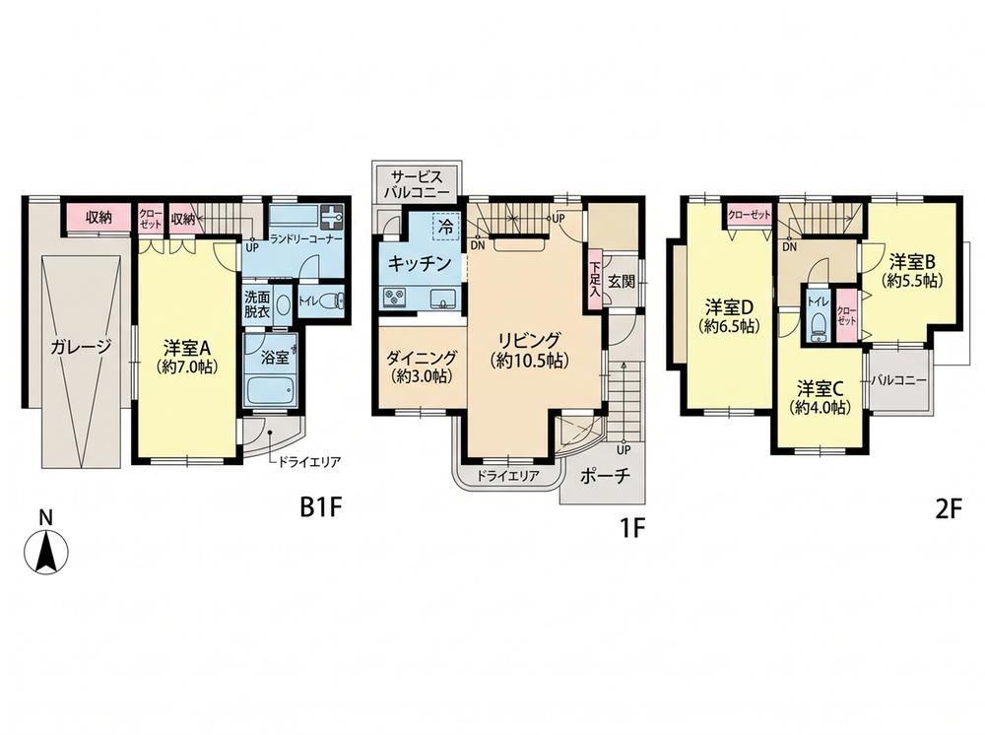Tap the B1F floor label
point(320,507)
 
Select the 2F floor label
point(949,509)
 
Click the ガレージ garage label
point(82,346)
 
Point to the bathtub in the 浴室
point(270,391)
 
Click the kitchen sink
point(444,299)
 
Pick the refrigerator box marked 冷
point(446,227)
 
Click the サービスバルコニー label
point(418,183)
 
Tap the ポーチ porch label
point(605,476)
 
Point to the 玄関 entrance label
point(622,282)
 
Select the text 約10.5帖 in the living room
point(529,361)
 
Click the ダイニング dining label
point(421,358)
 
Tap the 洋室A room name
point(186,347)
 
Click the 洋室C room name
point(821,386)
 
